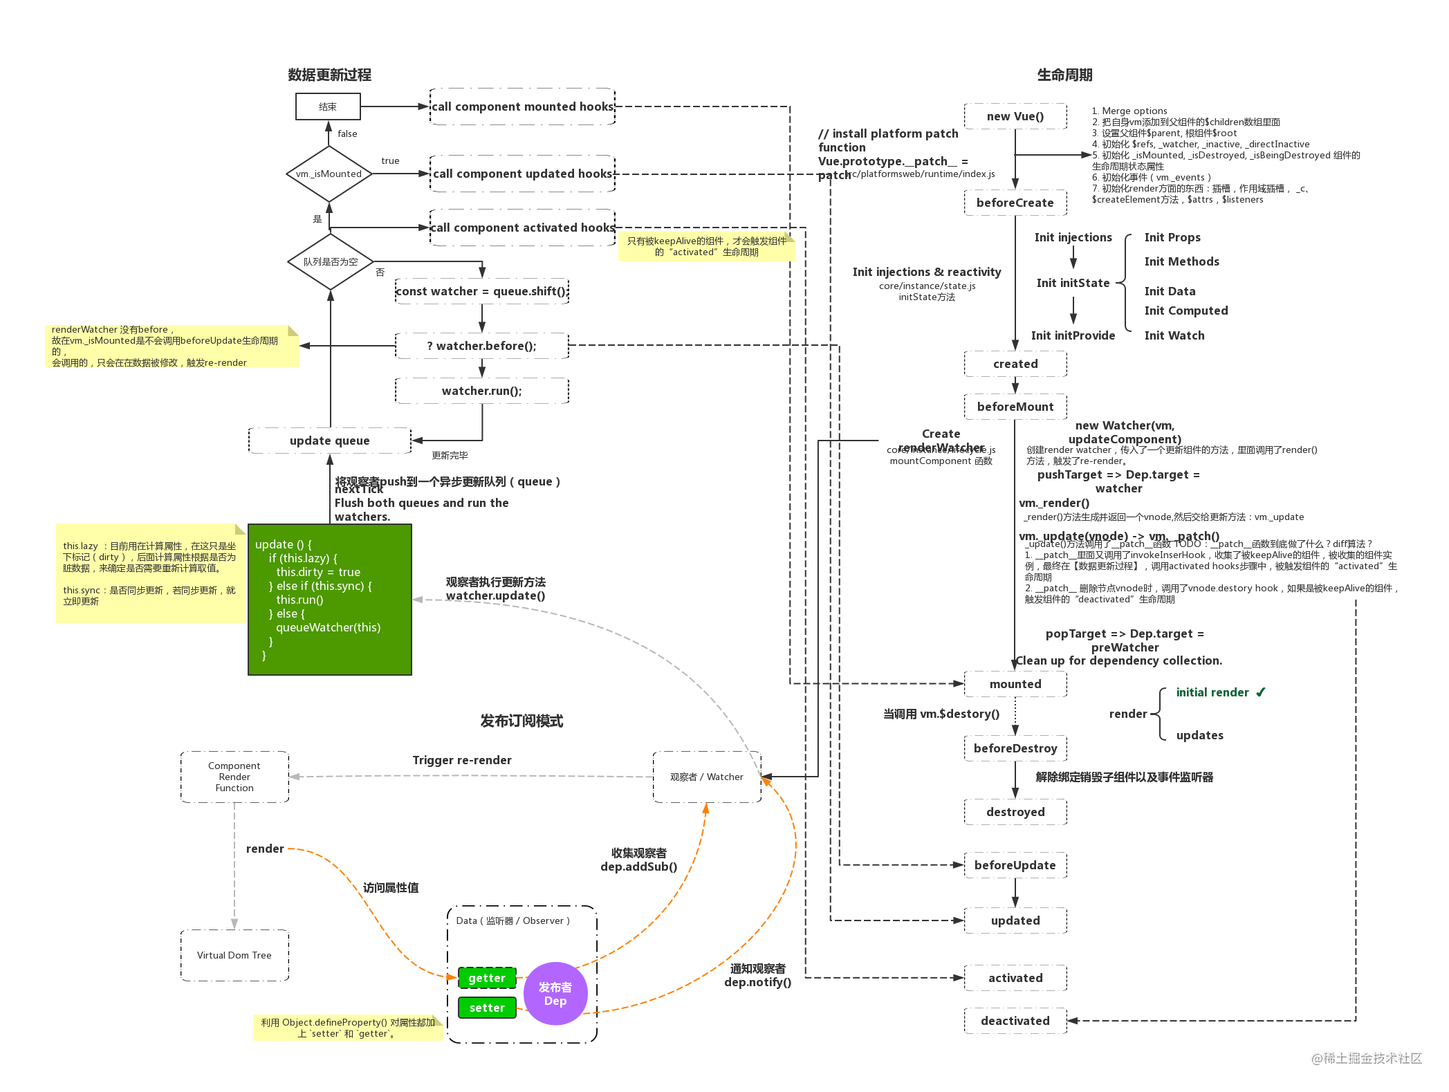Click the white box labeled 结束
328,107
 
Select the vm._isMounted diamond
329,174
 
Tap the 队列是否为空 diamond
330,261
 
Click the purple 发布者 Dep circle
555,994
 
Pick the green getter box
487,978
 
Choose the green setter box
487,1008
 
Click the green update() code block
329,600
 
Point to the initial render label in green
1212,692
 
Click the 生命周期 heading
1064,75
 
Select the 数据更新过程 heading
329,75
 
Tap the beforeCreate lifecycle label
1015,203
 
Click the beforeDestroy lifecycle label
1015,748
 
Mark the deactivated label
1015,1021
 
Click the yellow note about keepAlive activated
706,247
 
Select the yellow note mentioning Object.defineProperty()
347,1028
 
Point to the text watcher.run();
481,391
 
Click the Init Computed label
1185,311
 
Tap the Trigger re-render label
462,760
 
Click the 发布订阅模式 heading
522,721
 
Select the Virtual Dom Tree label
234,955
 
